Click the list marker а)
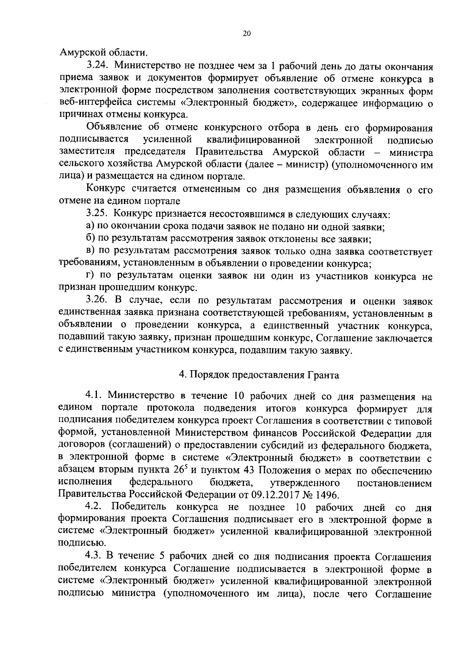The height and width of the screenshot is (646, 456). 90,227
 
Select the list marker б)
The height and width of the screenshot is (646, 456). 90,239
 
